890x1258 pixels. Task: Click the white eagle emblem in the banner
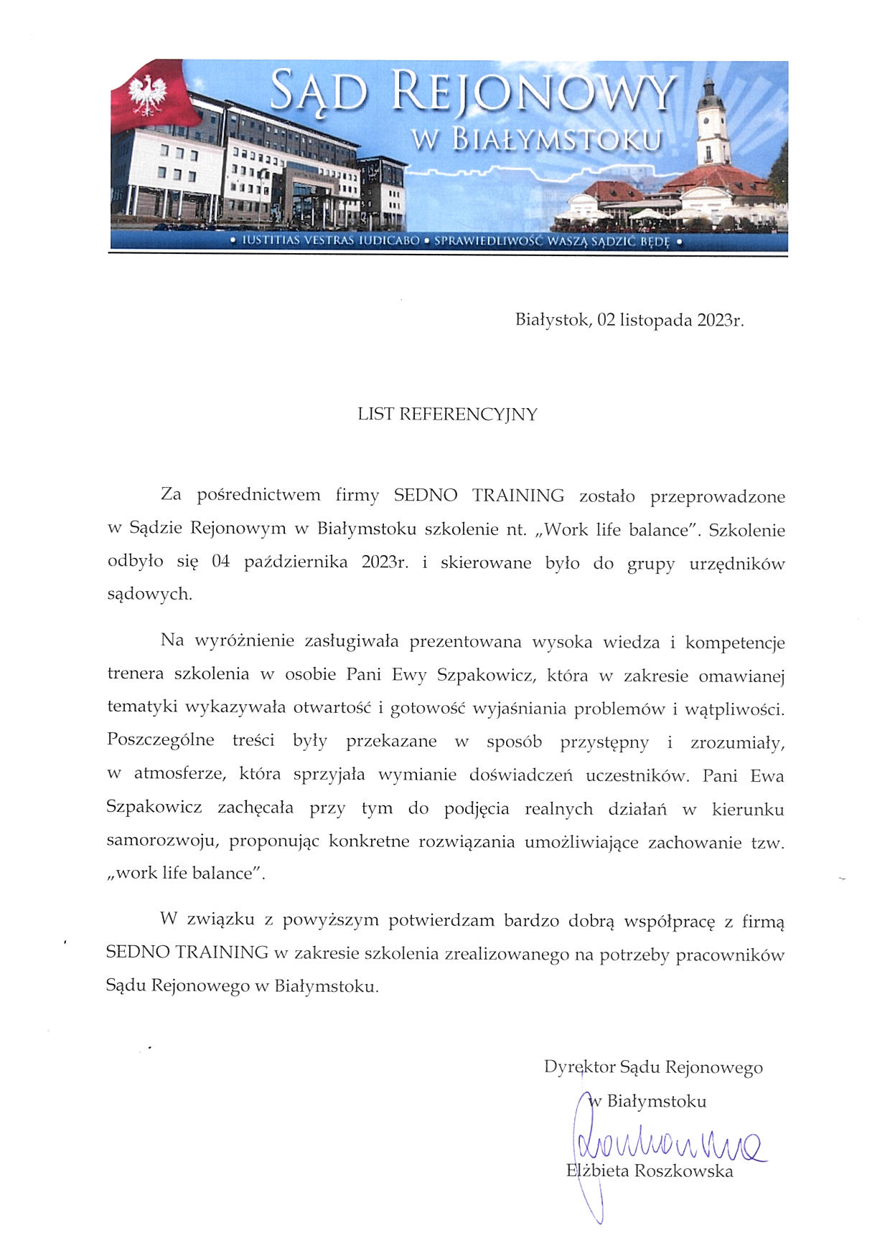pos(148,94)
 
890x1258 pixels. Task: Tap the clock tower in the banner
pos(712,122)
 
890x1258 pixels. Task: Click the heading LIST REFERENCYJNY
pos(447,415)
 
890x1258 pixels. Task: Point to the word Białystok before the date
pos(552,321)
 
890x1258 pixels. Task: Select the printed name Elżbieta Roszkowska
pos(650,1171)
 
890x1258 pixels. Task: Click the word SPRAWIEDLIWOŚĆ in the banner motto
pos(487,242)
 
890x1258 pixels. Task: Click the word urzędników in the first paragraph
pos(736,564)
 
